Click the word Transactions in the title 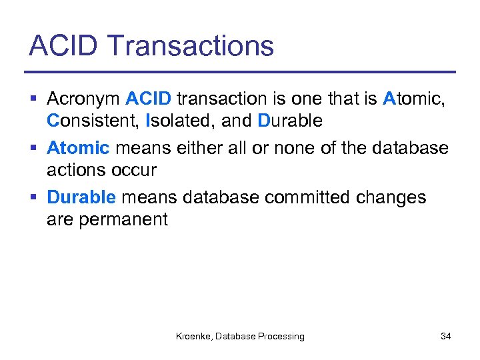tap(190, 46)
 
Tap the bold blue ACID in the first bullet tap(149, 99)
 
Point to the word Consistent tap(93, 121)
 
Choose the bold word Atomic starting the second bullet tap(78, 148)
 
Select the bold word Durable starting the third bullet tap(81, 197)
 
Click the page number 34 tap(445, 337)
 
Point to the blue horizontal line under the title tap(240, 71)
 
